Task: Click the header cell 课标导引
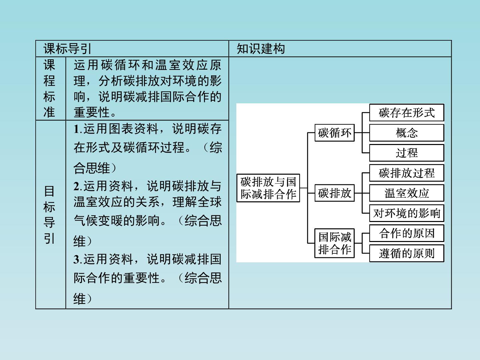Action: coord(67,49)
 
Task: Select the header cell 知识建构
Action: coord(261,49)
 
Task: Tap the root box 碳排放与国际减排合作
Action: coord(268,188)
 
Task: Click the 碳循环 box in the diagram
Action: coord(334,133)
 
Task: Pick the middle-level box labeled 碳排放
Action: coord(334,193)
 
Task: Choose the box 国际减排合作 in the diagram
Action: coord(334,243)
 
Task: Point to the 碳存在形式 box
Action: coord(407,113)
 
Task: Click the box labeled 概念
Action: coord(407,133)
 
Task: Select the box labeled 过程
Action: coord(407,153)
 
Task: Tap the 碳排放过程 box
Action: coord(407,173)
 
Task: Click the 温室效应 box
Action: coord(407,193)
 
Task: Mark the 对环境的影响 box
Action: coord(407,213)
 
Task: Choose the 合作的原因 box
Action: coord(407,233)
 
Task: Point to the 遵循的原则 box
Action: coord(407,253)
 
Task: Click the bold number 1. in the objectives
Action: coord(78,129)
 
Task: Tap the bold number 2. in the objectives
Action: coord(78,186)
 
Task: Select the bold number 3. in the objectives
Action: coord(78,259)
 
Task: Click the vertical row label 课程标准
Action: coord(49,89)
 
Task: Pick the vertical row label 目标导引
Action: coord(49,215)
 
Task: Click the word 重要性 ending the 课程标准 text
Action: coord(92,112)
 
